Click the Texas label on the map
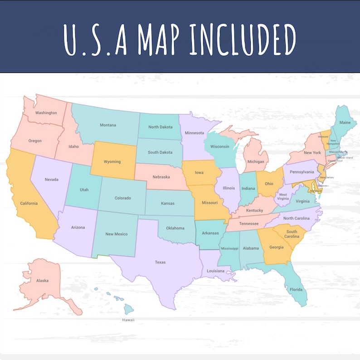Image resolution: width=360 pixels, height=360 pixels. coord(160,262)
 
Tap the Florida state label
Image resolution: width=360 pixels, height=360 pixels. coord(296,289)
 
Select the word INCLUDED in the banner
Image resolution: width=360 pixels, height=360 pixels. coord(243,40)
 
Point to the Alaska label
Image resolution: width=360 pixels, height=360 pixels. coord(42,281)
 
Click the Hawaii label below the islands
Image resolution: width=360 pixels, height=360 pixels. coord(128,320)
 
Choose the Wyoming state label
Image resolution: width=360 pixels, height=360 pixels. coord(112,161)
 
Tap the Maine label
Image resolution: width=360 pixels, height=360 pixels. coord(345,122)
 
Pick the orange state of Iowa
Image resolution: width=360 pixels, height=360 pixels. coord(199,172)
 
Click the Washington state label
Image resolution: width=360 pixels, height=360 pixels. coord(46,112)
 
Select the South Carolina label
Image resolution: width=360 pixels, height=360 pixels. coord(292,234)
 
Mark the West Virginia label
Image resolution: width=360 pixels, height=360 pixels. coord(283,197)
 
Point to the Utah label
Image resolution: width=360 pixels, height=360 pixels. coord(84,190)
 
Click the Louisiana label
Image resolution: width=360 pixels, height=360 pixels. coord(216,271)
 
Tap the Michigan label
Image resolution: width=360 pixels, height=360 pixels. coord(256,161)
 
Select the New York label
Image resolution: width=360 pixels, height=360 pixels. coord(312,152)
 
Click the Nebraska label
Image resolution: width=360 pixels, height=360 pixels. coord(161,177)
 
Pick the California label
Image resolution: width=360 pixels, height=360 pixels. coord(29,203)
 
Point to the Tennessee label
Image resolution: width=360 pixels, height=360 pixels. coord(249,224)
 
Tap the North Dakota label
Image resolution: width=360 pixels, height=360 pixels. coord(160,126)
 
